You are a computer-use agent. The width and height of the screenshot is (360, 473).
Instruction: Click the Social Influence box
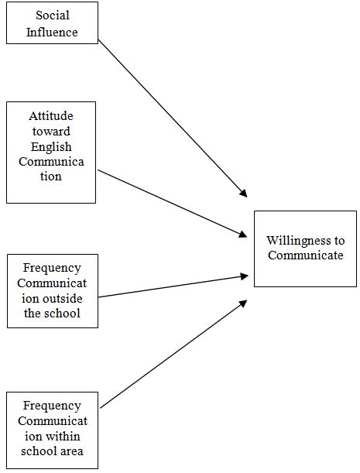(52, 22)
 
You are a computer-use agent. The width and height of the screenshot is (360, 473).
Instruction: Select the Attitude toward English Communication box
(51, 152)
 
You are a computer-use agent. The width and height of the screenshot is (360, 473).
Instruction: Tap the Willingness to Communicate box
(305, 248)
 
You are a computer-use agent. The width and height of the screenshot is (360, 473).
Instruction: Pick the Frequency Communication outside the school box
(52, 290)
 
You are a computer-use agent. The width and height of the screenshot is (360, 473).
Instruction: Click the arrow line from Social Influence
(170, 116)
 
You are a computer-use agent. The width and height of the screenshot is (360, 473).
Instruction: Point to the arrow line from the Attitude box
(170, 202)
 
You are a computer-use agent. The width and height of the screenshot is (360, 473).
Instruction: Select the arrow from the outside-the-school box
(170, 286)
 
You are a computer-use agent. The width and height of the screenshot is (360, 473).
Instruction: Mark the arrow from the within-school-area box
(170, 357)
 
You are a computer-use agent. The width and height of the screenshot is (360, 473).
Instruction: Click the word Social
(52, 16)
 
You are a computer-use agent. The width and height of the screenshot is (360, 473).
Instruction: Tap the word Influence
(52, 33)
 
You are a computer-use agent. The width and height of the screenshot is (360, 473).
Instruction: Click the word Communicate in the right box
(305, 256)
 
